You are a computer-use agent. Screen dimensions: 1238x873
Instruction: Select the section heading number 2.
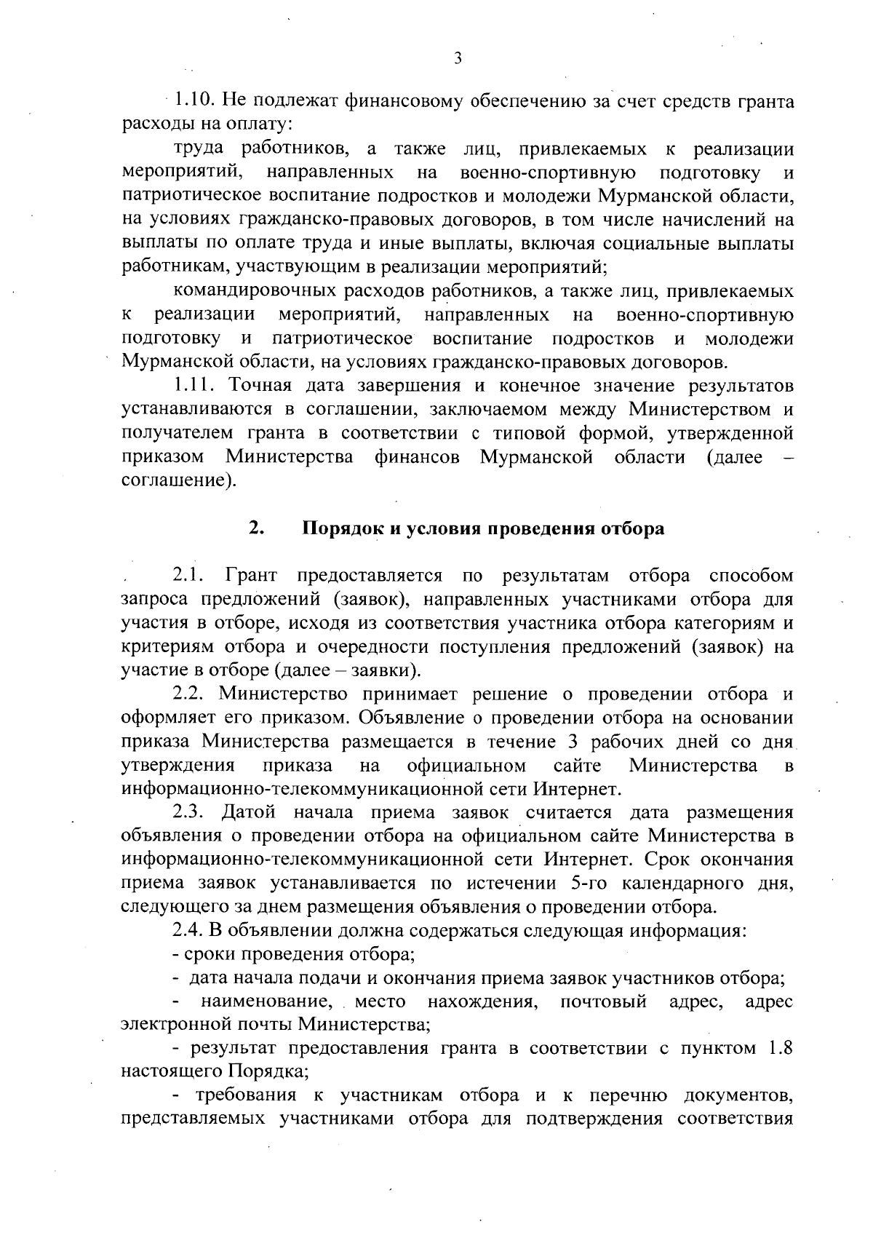point(255,528)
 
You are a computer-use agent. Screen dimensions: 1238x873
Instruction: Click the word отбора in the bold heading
point(631,528)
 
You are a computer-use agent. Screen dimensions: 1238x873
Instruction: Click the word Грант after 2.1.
point(252,576)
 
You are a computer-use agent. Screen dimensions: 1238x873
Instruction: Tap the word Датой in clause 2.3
point(251,812)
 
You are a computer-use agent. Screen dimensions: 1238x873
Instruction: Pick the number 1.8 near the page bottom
point(779,1048)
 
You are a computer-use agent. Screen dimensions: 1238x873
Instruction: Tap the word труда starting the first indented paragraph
point(201,150)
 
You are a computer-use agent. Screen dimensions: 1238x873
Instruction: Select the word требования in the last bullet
point(244,1095)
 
